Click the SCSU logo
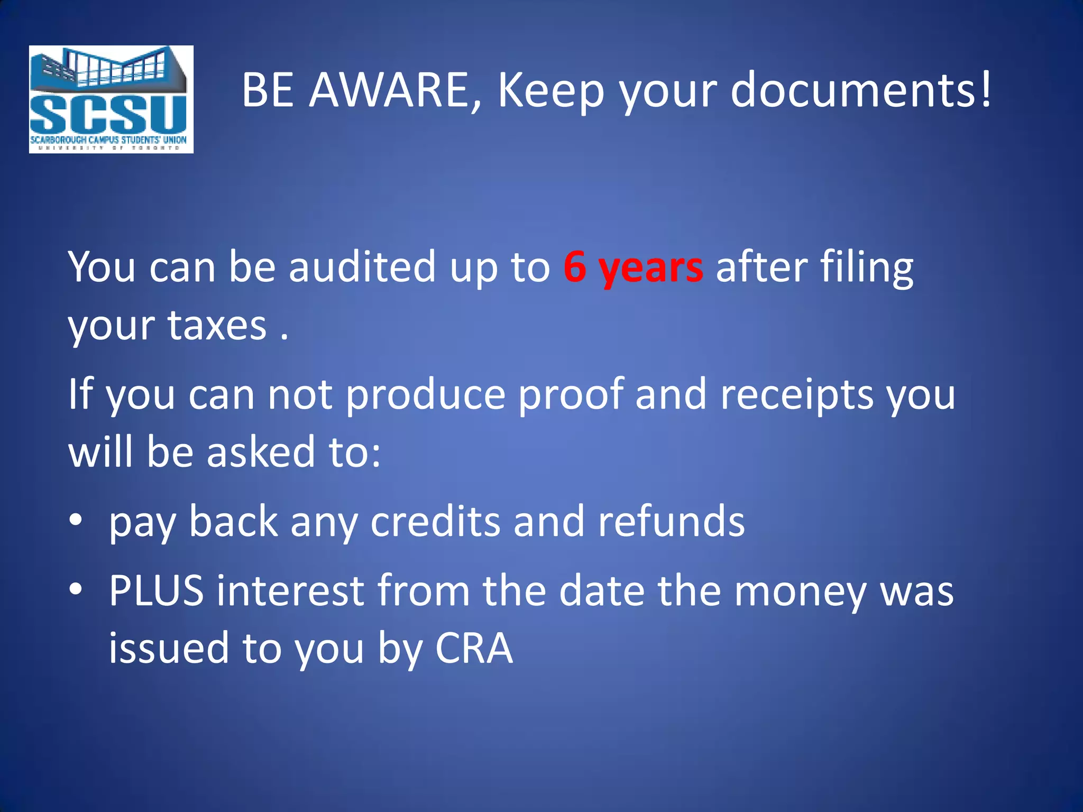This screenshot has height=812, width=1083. pyautogui.click(x=111, y=99)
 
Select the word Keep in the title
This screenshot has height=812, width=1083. pyautogui.click(x=551, y=91)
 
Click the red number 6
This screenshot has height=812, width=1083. pyautogui.click(x=575, y=267)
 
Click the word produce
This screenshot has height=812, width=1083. pyautogui.click(x=426, y=395)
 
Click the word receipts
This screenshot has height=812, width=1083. pyautogui.click(x=797, y=395)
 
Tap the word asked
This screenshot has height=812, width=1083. pyautogui.click(x=261, y=452)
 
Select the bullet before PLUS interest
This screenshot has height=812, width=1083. pyautogui.click(x=76, y=588)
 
